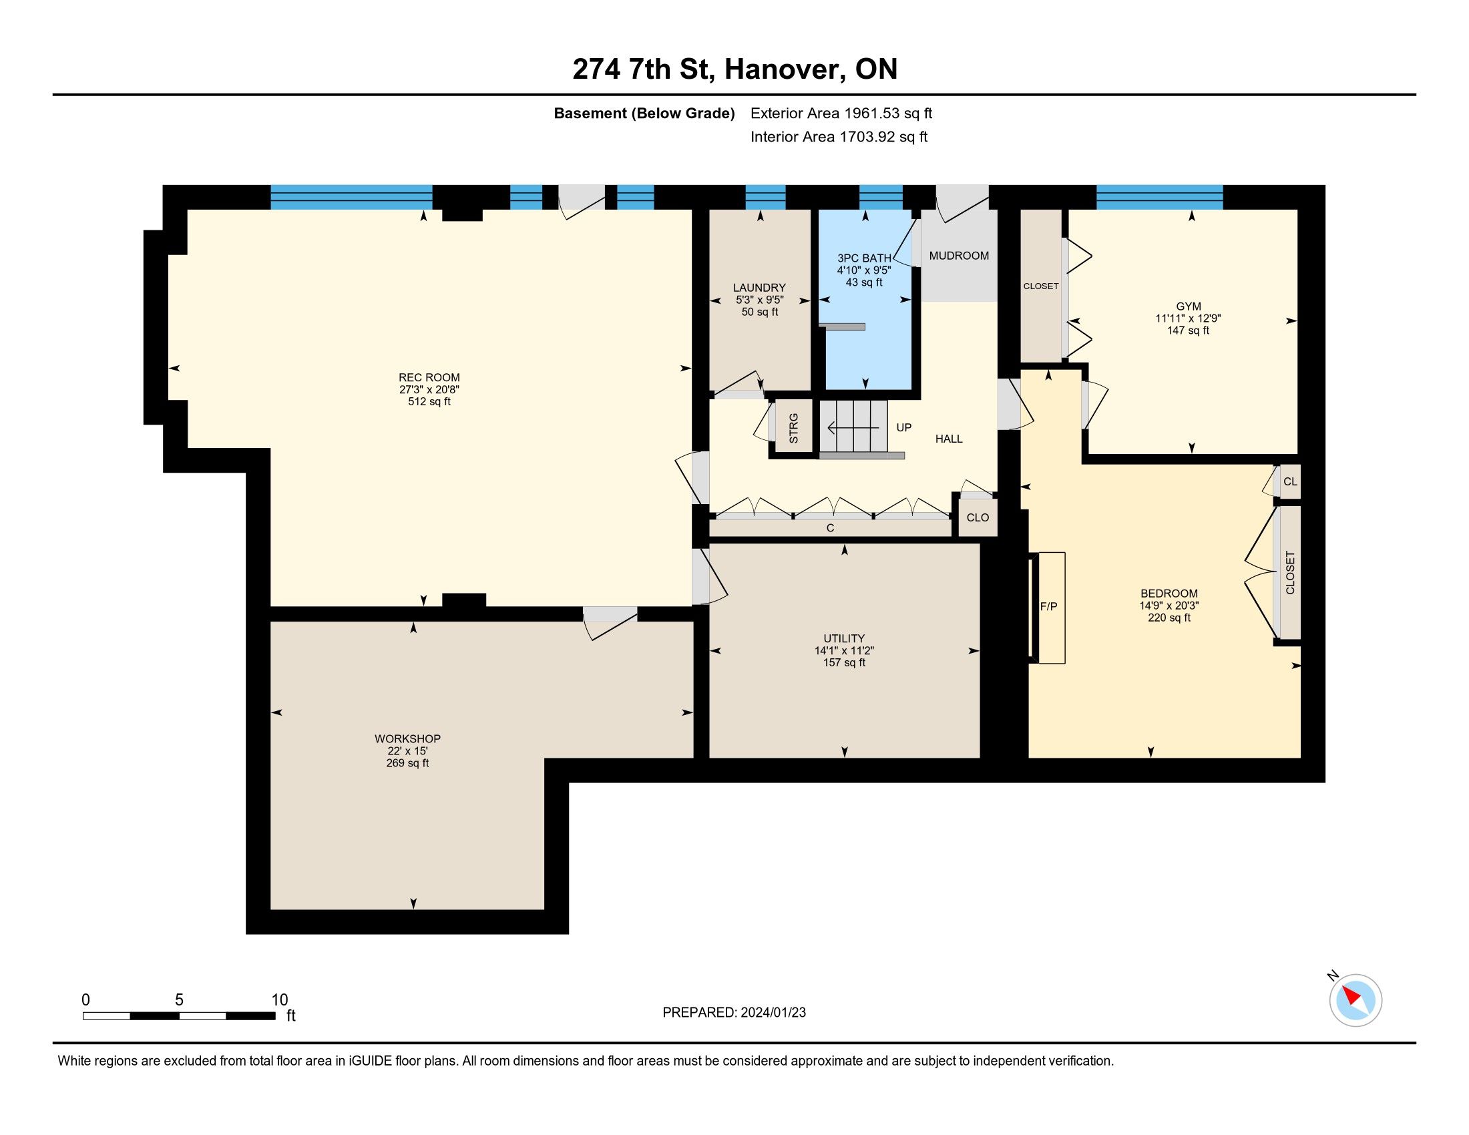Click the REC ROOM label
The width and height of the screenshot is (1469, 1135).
tap(429, 378)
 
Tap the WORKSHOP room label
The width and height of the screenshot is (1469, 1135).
tap(407, 739)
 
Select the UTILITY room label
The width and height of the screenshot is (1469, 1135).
tap(844, 639)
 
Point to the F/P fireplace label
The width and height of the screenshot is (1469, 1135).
tap(1048, 606)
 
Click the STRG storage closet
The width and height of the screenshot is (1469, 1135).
tap(794, 429)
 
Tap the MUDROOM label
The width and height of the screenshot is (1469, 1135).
tap(959, 256)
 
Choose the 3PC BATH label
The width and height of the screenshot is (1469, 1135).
tap(864, 258)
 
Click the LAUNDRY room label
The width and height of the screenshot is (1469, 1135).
tap(759, 288)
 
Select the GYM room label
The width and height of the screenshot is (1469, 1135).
tap(1189, 306)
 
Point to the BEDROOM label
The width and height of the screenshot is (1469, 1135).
tap(1169, 594)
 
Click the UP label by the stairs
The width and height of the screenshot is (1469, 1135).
tap(904, 428)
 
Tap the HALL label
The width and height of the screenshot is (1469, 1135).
tap(949, 439)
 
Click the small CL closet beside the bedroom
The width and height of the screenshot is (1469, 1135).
tap(1290, 481)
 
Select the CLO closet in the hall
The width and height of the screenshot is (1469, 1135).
tap(978, 517)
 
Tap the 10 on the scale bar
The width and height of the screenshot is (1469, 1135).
tap(279, 1000)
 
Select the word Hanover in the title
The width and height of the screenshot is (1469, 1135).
tap(784, 69)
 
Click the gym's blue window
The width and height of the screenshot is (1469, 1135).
tap(1160, 197)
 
